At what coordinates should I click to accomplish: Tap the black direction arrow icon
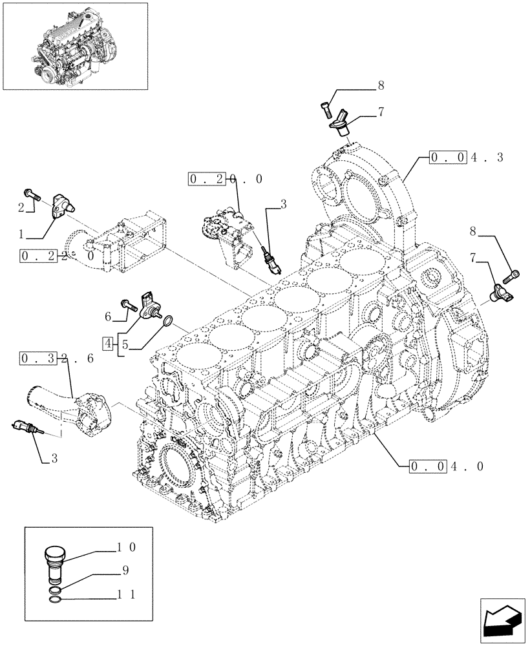click(x=502, y=620)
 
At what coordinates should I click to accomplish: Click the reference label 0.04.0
click(x=447, y=465)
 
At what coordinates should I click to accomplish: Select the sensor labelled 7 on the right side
click(x=502, y=291)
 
